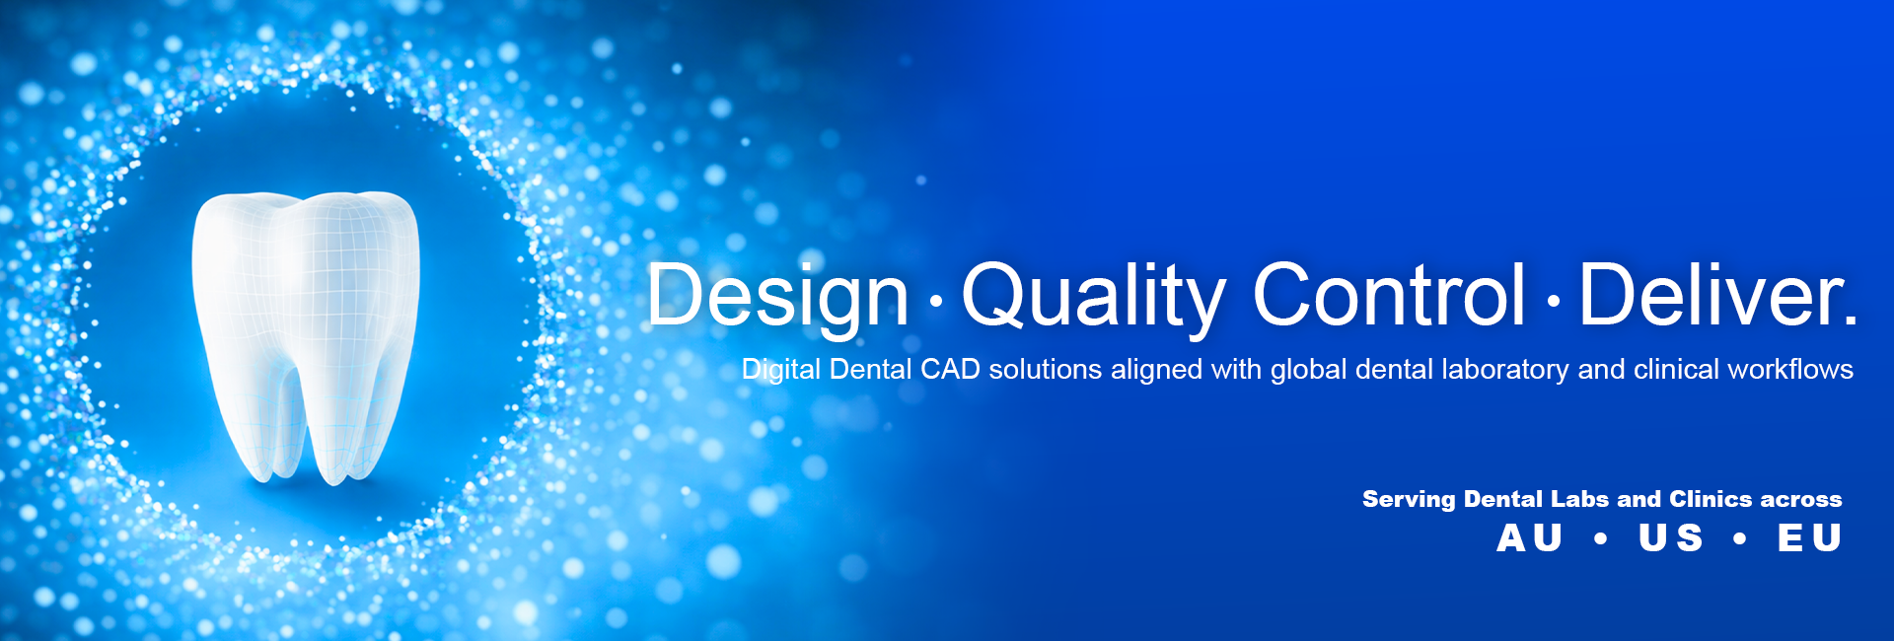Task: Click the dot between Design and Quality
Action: (935, 300)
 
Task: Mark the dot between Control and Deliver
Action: (1554, 300)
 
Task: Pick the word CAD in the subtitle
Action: (950, 369)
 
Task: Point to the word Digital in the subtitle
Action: (781, 371)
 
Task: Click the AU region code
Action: (1530, 538)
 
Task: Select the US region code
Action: (1671, 538)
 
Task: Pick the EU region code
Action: (1810, 538)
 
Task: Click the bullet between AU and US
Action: (1600, 538)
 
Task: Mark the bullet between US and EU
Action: (1740, 538)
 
